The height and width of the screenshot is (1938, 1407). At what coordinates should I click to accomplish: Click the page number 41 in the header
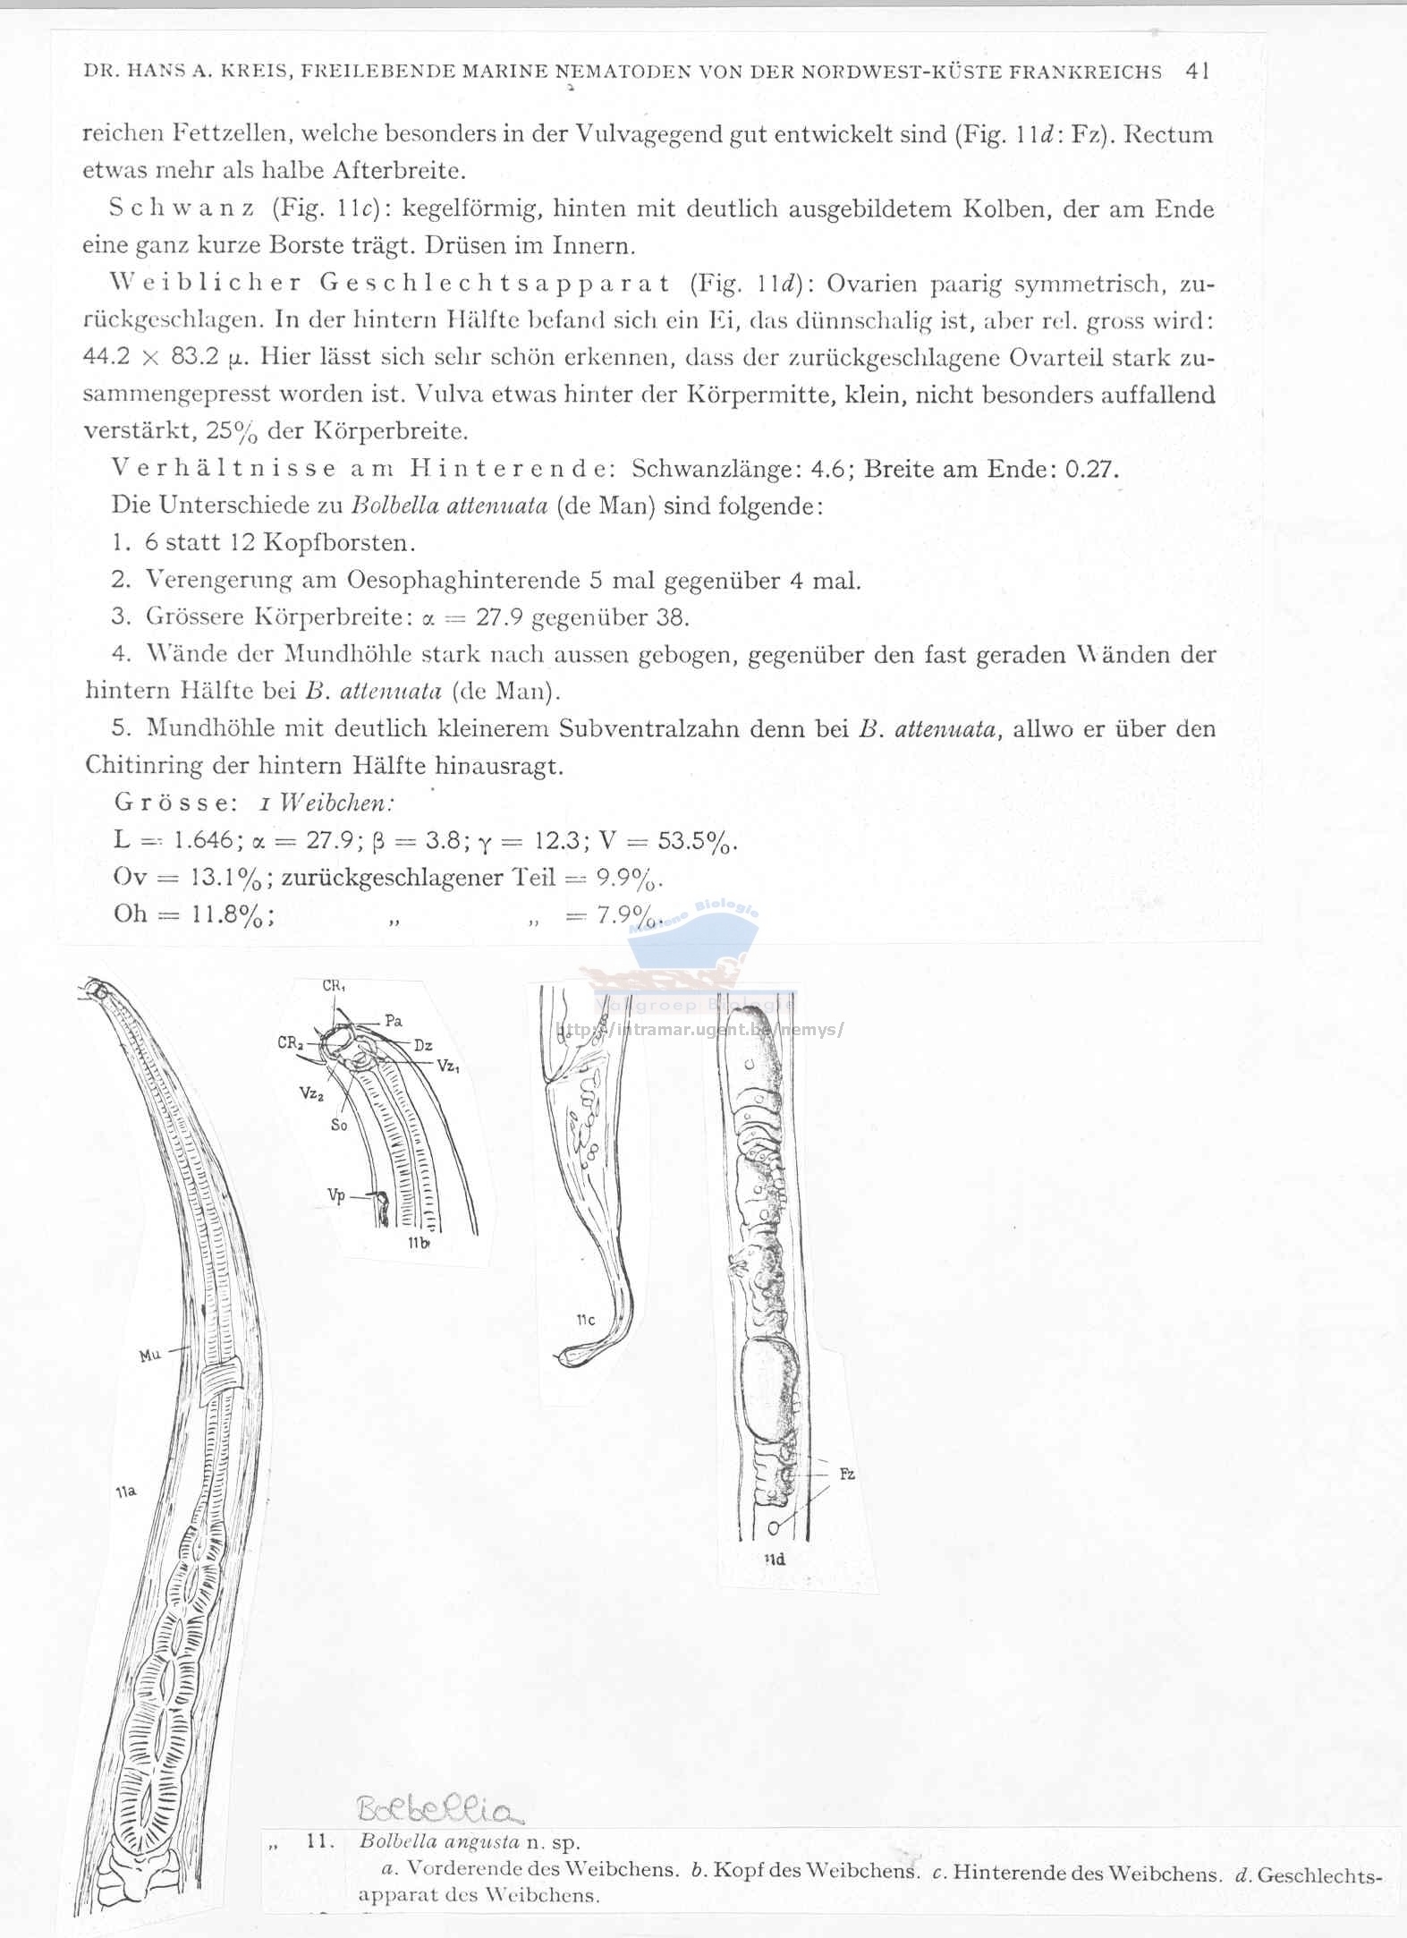point(1197,72)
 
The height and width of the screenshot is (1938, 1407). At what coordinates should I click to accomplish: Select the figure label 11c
point(586,1321)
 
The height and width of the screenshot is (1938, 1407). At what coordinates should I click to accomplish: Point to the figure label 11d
point(775,1560)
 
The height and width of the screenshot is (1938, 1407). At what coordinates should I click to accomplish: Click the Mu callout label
point(149,1356)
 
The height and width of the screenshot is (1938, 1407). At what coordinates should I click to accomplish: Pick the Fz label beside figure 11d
point(847,1474)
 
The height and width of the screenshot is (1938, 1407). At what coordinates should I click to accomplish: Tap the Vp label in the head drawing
point(336,1195)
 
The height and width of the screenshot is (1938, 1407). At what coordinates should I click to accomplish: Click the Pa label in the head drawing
point(393,1020)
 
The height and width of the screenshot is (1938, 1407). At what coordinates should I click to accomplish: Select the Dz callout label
point(423,1044)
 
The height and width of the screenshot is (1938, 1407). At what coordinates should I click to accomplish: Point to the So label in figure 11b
point(338,1125)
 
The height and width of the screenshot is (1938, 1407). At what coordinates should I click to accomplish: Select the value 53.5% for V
point(697,841)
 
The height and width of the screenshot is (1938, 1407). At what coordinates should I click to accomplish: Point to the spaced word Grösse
point(175,803)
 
